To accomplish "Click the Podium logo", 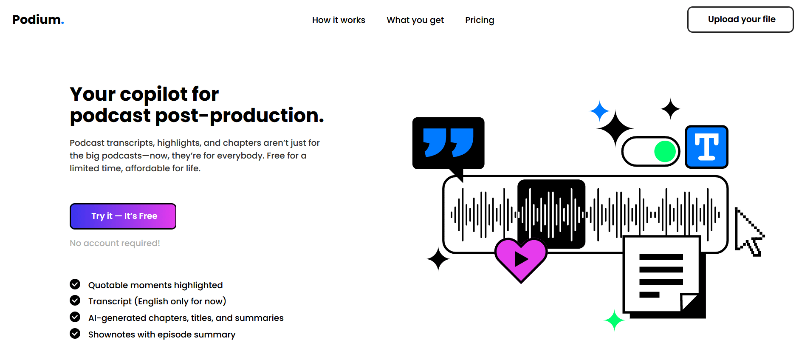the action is coord(38,20).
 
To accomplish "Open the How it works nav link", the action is coord(339,20).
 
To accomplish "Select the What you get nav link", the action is coord(415,20).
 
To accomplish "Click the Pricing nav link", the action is coord(480,20).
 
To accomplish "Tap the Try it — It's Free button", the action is coord(123,216).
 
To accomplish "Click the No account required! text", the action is coord(115,243).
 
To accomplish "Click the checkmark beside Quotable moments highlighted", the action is coord(75,284).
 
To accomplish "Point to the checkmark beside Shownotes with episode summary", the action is coord(75,334).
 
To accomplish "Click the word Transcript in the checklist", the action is coord(110,301).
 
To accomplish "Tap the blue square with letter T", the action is coord(707,147).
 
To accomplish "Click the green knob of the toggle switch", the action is coord(665,151).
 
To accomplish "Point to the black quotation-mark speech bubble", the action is coord(448,145).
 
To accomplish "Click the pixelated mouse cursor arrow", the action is coord(748,232).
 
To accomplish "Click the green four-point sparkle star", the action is coord(614,320).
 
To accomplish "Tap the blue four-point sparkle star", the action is coord(599,111).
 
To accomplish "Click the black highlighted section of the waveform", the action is coord(551,214).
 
